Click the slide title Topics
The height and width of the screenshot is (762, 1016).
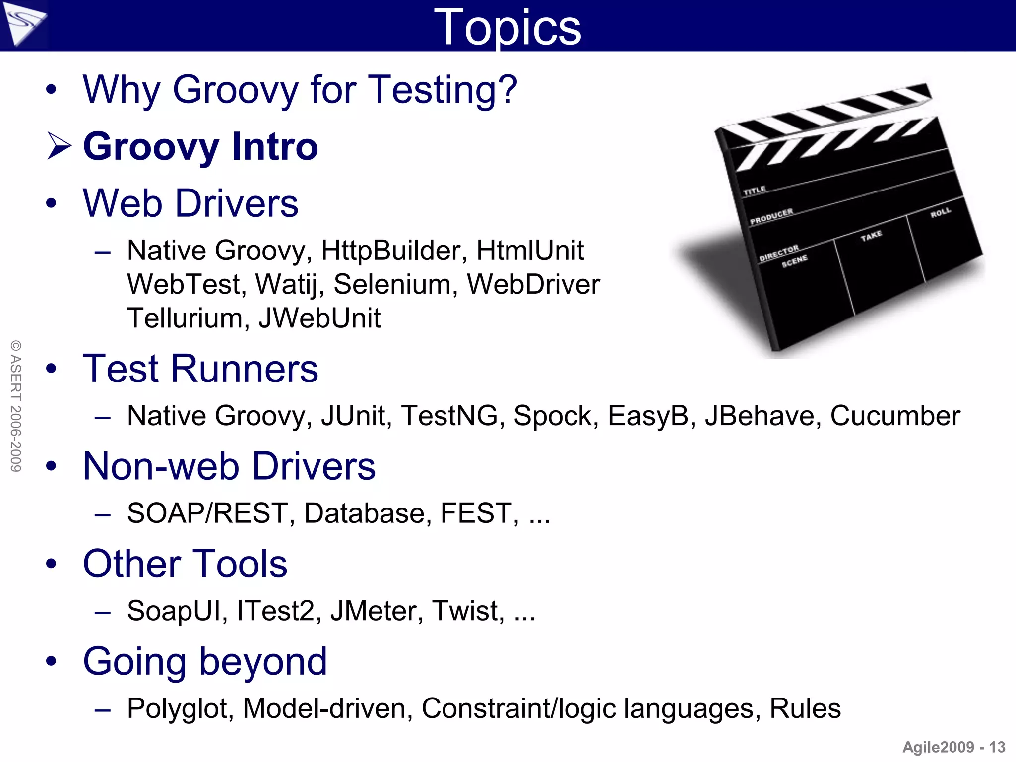click(507, 28)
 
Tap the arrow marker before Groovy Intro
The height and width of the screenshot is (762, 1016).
click(60, 146)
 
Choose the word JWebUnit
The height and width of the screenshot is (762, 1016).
click(320, 318)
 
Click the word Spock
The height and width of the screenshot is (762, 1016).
click(555, 416)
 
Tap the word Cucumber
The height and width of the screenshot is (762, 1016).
click(895, 416)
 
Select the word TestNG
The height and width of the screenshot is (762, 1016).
click(449, 416)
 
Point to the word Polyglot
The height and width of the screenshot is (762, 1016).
click(180, 708)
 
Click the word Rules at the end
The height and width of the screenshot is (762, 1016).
click(805, 708)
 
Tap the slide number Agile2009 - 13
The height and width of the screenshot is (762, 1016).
click(953, 747)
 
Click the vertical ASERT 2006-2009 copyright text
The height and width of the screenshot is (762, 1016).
click(16, 406)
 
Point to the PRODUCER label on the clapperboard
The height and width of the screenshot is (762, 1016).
click(771, 217)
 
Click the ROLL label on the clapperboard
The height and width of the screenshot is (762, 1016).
click(941, 213)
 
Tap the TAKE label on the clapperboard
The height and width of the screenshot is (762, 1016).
click(871, 236)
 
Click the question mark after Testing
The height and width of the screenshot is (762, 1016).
click(507, 90)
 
